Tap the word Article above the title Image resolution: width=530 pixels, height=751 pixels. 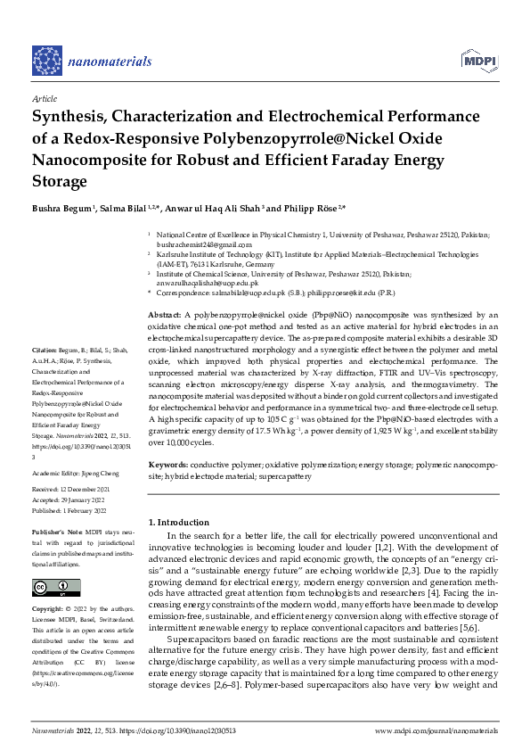coord(45,99)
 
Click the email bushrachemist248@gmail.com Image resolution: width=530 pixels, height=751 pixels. coord(195,243)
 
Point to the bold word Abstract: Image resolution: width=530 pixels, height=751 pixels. coord(165,316)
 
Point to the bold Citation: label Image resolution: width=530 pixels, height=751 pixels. coord(45,349)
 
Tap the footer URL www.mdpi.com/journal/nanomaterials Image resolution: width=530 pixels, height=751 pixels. coord(436,730)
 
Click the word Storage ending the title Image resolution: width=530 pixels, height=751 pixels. coord(61,181)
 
